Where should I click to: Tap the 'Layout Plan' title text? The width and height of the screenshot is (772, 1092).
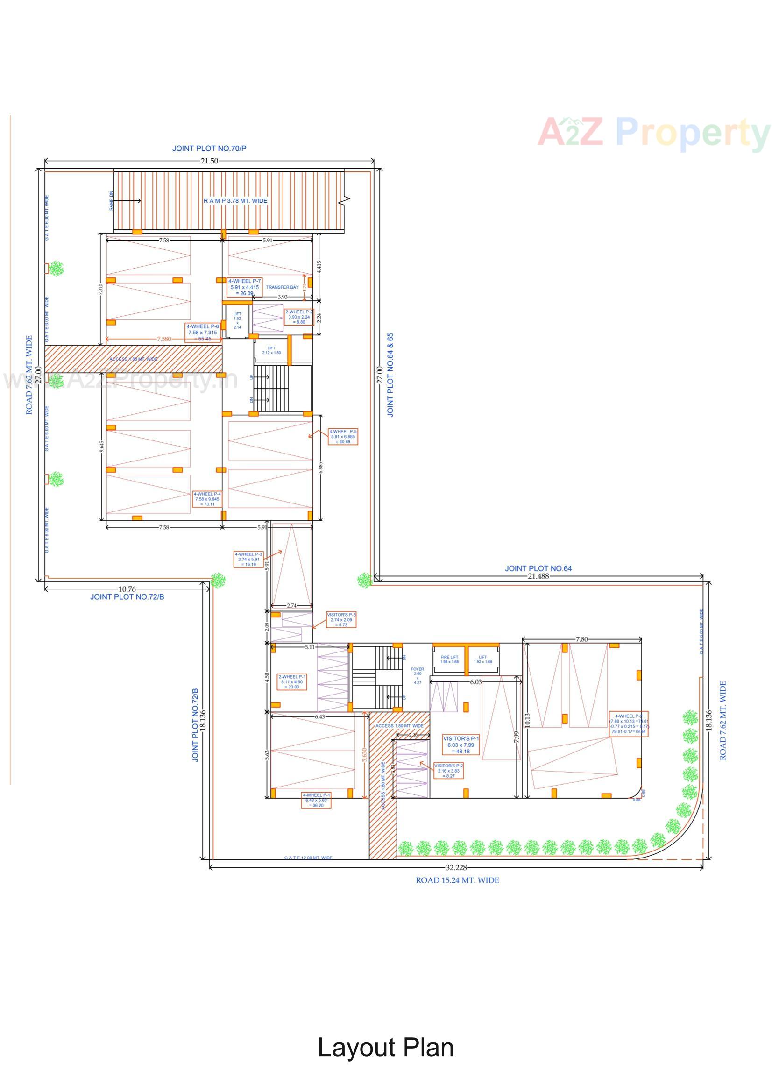pos(385,1047)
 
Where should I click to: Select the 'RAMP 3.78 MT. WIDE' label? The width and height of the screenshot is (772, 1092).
pos(235,201)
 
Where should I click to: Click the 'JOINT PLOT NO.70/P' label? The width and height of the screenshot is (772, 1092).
pos(209,149)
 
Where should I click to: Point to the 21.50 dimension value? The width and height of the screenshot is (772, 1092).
pos(209,161)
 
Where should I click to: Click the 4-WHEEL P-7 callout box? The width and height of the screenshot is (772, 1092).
pos(245,287)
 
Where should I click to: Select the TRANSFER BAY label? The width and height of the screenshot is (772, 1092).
pos(282,287)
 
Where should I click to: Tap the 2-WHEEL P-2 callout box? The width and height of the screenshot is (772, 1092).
pos(299,317)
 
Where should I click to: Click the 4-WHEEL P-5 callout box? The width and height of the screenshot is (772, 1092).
pos(342,436)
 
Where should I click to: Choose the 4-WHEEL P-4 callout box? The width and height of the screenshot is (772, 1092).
pos(207,499)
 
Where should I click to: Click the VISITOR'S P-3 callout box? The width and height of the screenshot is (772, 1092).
pos(341,620)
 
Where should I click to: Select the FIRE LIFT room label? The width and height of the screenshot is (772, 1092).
pos(449,659)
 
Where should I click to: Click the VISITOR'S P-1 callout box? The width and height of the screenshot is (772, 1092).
pos(460,745)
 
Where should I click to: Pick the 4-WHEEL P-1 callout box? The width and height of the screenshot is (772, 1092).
pos(316,800)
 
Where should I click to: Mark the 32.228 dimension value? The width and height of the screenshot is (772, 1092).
pos(456,867)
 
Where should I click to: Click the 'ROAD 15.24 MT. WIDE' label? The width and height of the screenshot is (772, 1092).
pos(457,880)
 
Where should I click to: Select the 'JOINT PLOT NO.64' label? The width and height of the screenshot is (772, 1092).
pos(538,568)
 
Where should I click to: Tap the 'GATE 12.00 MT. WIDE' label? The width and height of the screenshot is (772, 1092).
pos(308,858)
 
